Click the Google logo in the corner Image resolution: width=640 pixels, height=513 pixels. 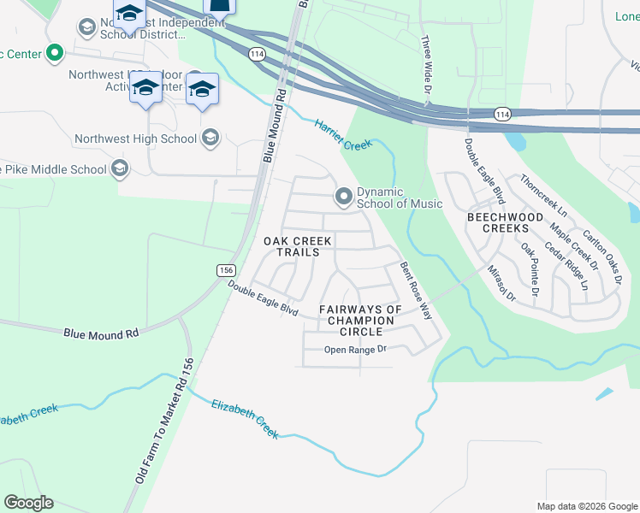coord(28,503)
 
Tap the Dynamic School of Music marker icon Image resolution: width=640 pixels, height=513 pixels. coord(344,198)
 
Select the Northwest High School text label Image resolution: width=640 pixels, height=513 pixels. coord(135,139)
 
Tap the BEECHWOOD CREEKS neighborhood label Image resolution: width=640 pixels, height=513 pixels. coord(504,223)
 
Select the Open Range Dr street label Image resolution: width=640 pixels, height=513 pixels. coord(356,350)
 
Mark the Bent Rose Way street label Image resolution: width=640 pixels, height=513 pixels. coord(416,291)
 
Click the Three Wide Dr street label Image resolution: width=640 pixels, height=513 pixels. coord(425,66)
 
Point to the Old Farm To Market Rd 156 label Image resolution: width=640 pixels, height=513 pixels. coord(163,420)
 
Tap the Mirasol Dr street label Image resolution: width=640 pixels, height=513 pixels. coord(501,283)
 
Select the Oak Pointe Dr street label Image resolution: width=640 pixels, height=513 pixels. coord(530,268)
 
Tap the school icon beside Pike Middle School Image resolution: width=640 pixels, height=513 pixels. coord(120,169)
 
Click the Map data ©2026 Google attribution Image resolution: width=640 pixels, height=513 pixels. coord(586,506)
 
